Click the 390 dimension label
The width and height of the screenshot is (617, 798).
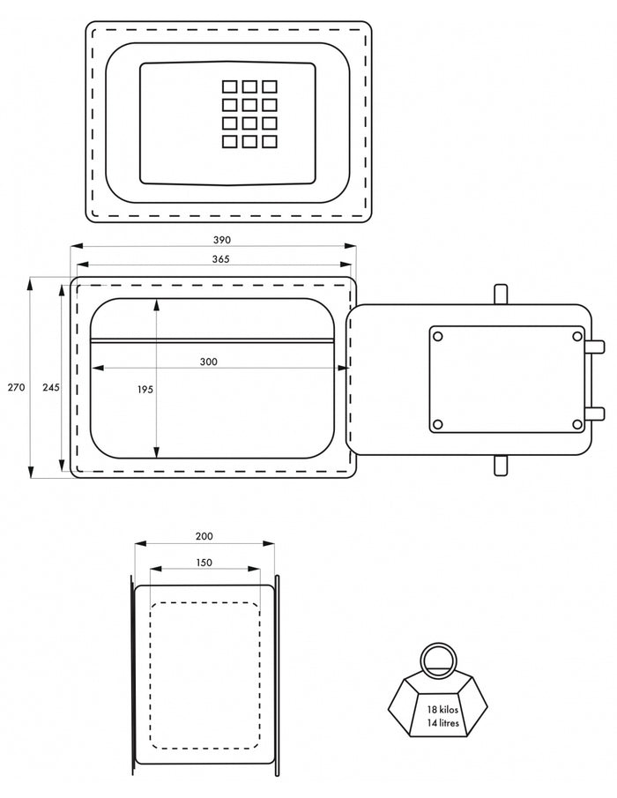(x=222, y=240)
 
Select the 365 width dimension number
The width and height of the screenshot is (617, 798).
(x=220, y=259)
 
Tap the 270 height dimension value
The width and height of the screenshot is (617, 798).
(x=16, y=387)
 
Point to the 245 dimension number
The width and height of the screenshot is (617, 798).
(x=51, y=387)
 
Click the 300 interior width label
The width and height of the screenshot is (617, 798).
(x=209, y=362)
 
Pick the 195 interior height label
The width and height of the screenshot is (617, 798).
(x=145, y=390)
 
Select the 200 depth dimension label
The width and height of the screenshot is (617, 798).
(x=204, y=536)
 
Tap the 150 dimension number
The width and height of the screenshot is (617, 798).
(x=204, y=563)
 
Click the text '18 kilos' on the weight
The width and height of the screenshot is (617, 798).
(x=442, y=710)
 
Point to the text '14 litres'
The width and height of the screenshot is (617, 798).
(x=443, y=723)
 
